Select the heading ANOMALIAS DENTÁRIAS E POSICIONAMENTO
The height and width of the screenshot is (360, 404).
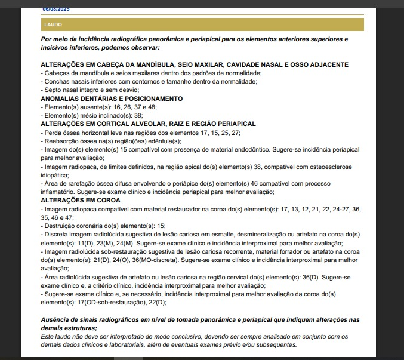112,98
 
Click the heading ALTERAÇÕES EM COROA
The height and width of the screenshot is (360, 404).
81,200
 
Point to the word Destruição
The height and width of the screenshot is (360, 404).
59,226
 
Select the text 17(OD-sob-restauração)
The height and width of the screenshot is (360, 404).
101,303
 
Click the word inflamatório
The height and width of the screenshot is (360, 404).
61,192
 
